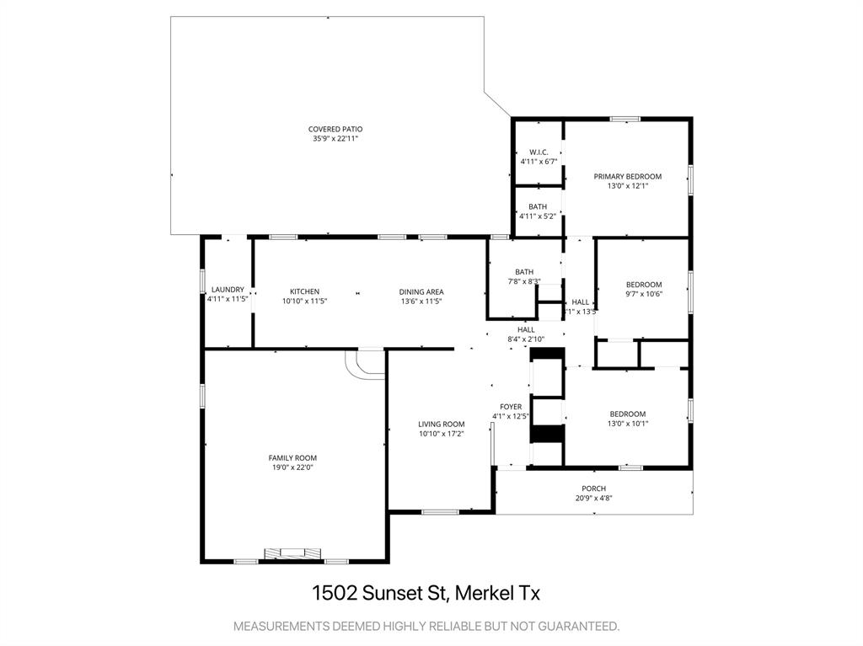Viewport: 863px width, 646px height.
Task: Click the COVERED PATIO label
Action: coord(335,129)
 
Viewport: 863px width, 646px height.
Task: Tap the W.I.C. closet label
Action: coord(539,152)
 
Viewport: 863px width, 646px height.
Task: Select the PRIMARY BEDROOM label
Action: coord(628,176)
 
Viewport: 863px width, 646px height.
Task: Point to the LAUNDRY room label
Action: coord(228,290)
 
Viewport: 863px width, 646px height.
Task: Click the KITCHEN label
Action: coord(304,291)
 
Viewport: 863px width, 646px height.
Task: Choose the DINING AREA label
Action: coord(421,291)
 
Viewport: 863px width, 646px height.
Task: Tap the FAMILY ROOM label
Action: coord(292,457)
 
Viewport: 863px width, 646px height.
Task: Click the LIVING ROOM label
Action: coord(442,424)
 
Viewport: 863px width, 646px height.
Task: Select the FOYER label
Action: coord(511,407)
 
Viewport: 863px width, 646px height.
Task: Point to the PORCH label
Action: coord(594,489)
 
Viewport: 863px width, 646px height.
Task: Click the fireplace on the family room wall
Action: coord(293,554)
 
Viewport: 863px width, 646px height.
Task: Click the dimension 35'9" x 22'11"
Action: coord(335,138)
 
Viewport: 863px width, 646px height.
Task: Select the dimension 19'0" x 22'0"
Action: coord(292,467)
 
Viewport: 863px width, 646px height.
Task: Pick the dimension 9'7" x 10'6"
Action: coord(644,294)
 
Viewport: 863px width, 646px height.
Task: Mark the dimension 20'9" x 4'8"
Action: coord(594,498)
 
